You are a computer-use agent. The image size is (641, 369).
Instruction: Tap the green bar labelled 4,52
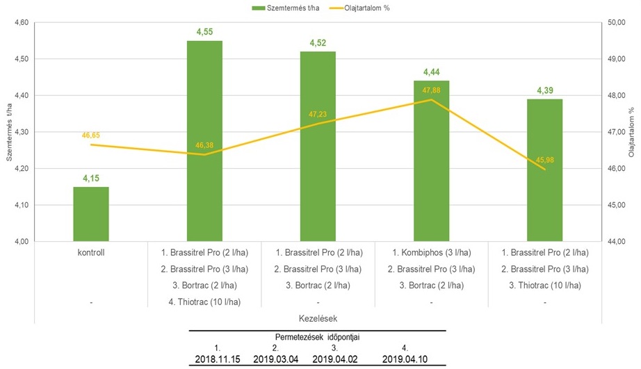pyautogui.click(x=318, y=146)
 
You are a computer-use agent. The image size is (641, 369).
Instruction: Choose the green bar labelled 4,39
pyautogui.click(x=545, y=170)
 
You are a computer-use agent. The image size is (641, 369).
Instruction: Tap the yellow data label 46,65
pyautogui.click(x=91, y=136)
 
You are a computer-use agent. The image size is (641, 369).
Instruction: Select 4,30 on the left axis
pyautogui.click(x=20, y=132)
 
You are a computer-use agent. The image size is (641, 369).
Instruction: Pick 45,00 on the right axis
pyautogui.click(x=617, y=205)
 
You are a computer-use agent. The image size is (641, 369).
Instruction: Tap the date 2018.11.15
pyautogui.click(x=218, y=360)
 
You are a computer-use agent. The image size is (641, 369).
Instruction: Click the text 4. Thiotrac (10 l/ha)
pyautogui.click(x=204, y=302)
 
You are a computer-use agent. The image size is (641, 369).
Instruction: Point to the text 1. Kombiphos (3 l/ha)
pyautogui.click(x=432, y=252)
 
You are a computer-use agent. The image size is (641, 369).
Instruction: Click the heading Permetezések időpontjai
pyautogui.click(x=320, y=337)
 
